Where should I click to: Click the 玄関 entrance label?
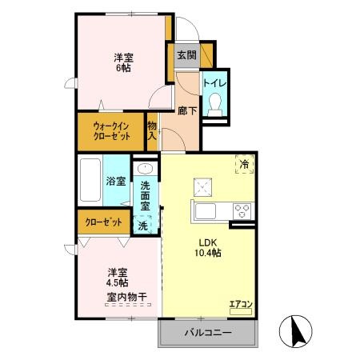pos(186,56)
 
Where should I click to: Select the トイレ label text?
pos(214,82)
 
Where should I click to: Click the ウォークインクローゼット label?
pos(111,131)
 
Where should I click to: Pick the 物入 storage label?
pos(152,130)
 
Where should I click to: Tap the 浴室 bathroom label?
pos(116,181)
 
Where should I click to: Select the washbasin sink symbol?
pos(145,169)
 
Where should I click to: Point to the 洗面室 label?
pos(145,196)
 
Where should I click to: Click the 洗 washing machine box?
pos(144,226)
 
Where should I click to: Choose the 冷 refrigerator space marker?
pos(243,163)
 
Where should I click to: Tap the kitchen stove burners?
pos(242,210)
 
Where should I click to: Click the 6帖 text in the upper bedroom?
pos(122,69)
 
